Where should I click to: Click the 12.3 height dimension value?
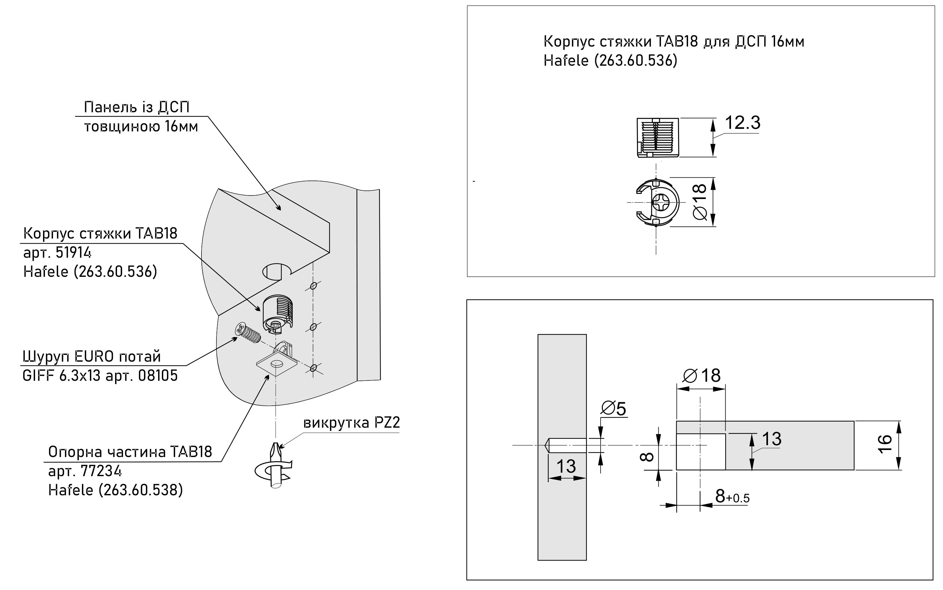tap(742, 123)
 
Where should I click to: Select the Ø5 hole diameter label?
tap(613, 408)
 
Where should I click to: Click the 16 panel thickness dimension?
tap(885, 444)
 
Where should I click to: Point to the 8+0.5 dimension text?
tap(732, 496)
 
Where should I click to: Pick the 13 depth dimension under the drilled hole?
tap(566, 466)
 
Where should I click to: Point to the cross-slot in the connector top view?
tap(660, 202)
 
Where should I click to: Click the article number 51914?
tap(73, 253)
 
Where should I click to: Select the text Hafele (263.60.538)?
tap(115, 490)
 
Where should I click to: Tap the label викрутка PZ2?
tap(351, 423)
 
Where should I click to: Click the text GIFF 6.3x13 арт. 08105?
tap(100, 376)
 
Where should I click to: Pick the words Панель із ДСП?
tap(136, 107)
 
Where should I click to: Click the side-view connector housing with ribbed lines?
tap(658, 137)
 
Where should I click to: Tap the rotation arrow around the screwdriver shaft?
tap(273, 471)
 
